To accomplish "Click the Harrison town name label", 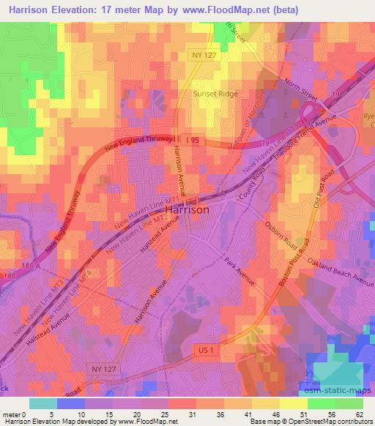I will tap(187, 209).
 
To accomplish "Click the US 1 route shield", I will tap(204, 351).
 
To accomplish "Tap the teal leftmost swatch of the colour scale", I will tap(43, 403).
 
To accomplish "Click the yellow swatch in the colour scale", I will tap(292, 403).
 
